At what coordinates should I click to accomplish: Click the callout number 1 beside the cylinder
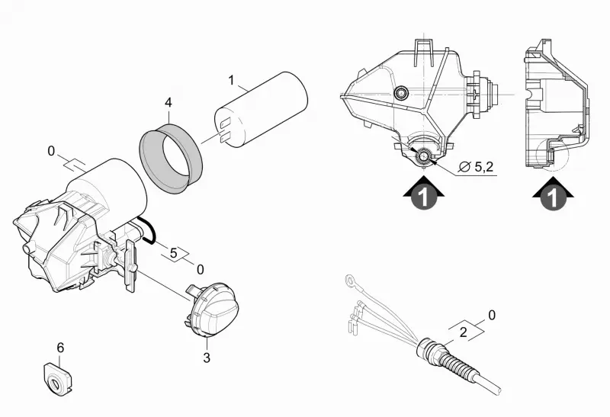(x=232, y=81)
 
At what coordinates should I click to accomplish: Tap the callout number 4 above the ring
(x=168, y=103)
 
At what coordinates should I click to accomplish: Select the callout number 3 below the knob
(x=207, y=358)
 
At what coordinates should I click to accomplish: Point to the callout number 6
(x=60, y=348)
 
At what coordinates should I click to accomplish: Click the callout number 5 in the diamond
(x=174, y=253)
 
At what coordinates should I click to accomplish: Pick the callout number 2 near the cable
(x=463, y=332)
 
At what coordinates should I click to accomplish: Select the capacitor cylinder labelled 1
(x=262, y=110)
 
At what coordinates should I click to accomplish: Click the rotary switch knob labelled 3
(x=212, y=310)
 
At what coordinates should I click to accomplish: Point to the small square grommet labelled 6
(x=56, y=378)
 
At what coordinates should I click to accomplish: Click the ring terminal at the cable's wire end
(x=350, y=280)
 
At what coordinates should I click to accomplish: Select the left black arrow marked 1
(x=424, y=194)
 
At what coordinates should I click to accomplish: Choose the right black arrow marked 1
(x=554, y=194)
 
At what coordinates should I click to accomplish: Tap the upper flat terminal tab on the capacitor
(x=225, y=123)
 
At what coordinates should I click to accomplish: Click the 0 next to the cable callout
(x=492, y=315)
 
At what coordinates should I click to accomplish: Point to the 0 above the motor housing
(x=51, y=151)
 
